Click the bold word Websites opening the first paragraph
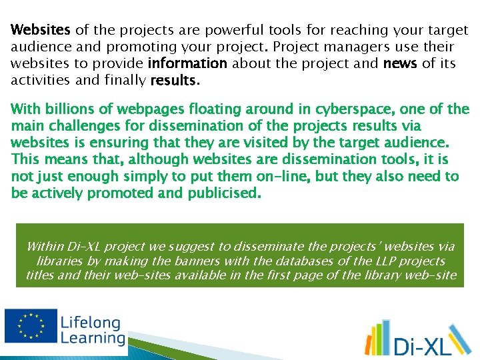point(41,31)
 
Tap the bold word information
point(187,64)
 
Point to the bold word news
point(401,64)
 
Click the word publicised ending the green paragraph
point(225,193)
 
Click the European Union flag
point(30,327)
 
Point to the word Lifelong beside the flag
point(91,323)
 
